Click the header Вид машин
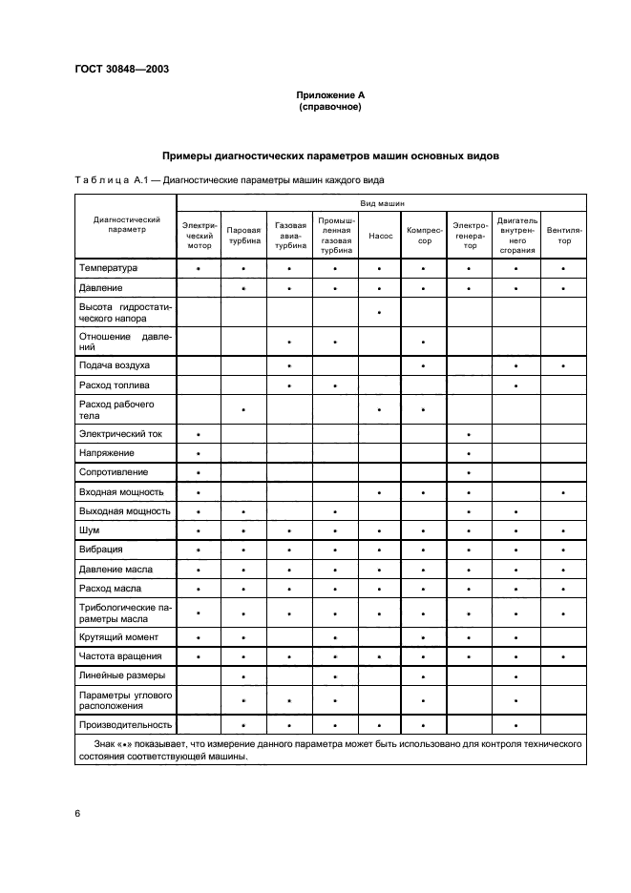381,204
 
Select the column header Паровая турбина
244,235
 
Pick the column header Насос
379,235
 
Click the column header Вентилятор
564,235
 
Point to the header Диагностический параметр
126,224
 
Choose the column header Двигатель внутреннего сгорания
516,235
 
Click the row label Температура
110,269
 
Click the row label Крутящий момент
119,636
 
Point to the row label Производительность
125,724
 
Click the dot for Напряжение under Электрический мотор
199,453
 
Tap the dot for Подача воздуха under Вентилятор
564,366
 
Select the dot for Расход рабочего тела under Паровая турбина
244,410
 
